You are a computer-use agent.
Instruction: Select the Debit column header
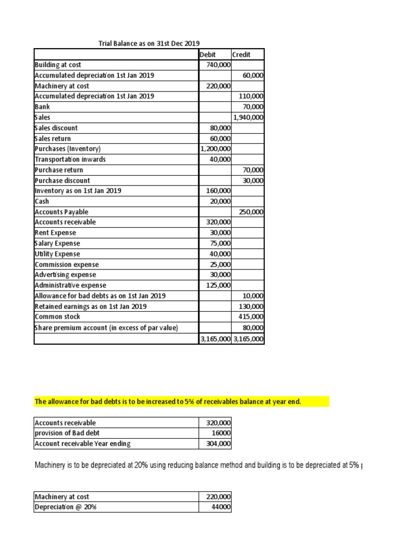(x=207, y=54)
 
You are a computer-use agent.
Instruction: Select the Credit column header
(x=240, y=54)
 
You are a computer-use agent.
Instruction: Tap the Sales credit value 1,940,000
(x=248, y=117)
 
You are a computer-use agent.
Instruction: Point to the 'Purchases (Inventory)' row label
(x=68, y=149)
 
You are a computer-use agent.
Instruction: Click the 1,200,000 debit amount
(x=216, y=149)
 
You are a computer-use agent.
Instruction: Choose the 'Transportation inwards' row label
(x=70, y=159)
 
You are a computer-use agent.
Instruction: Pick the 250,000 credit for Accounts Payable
(x=251, y=212)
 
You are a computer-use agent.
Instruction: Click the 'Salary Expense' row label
(x=57, y=243)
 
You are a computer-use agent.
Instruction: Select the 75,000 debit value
(x=220, y=243)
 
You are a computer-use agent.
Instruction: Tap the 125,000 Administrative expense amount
(x=219, y=285)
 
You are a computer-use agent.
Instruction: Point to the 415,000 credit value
(x=251, y=316)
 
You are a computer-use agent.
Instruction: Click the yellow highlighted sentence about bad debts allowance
(x=181, y=401)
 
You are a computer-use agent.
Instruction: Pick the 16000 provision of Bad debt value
(x=222, y=433)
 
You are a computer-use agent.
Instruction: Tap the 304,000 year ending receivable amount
(x=219, y=444)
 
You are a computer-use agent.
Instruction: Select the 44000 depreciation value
(x=222, y=507)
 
